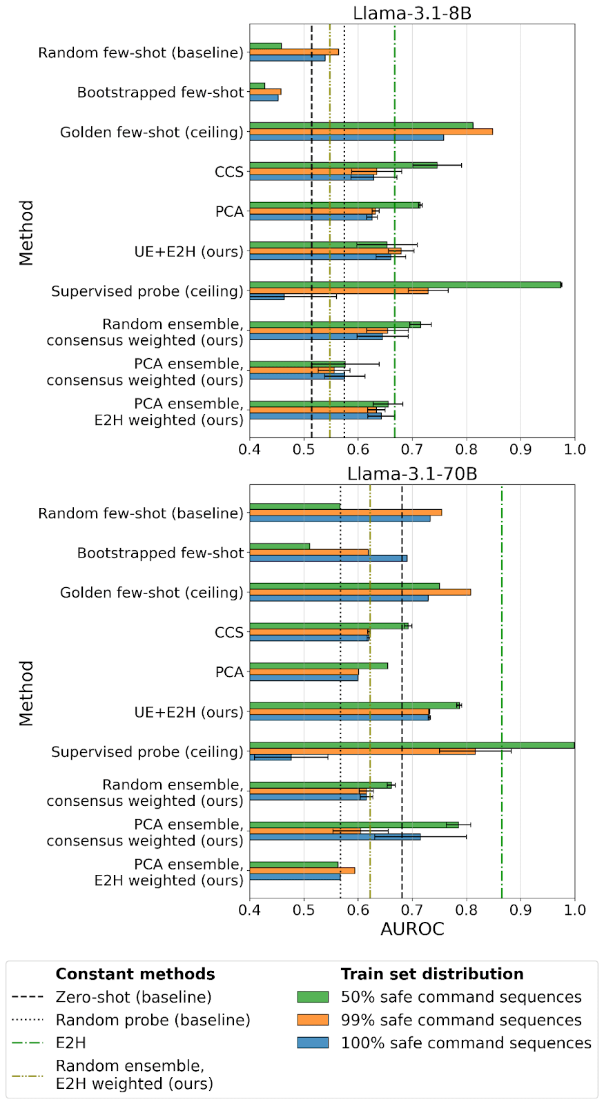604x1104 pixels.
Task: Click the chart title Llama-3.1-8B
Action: (x=412, y=12)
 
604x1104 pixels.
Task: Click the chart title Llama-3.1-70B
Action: (x=412, y=473)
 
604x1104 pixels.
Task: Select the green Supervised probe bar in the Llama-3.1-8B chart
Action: (x=405, y=284)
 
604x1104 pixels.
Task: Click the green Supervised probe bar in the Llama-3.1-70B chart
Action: (x=411, y=745)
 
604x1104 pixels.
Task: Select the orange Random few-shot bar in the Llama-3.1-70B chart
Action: (x=345, y=512)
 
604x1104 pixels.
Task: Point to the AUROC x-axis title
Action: (x=412, y=929)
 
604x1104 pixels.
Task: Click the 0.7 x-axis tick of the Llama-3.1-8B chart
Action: (x=412, y=449)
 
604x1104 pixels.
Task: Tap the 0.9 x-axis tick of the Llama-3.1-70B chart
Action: (x=520, y=910)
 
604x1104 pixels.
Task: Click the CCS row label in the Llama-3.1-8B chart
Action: (x=229, y=172)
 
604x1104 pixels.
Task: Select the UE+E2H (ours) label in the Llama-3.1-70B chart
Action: (x=188, y=712)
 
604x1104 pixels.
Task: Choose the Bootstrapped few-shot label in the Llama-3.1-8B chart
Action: (x=160, y=92)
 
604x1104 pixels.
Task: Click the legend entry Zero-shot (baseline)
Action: (x=133, y=997)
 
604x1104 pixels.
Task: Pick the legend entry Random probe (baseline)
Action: (x=153, y=1020)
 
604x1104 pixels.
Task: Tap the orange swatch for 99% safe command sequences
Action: (x=313, y=1020)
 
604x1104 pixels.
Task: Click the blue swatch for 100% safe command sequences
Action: (x=313, y=1043)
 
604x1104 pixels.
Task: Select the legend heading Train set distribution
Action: (x=432, y=974)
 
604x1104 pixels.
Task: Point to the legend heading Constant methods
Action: (x=135, y=974)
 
